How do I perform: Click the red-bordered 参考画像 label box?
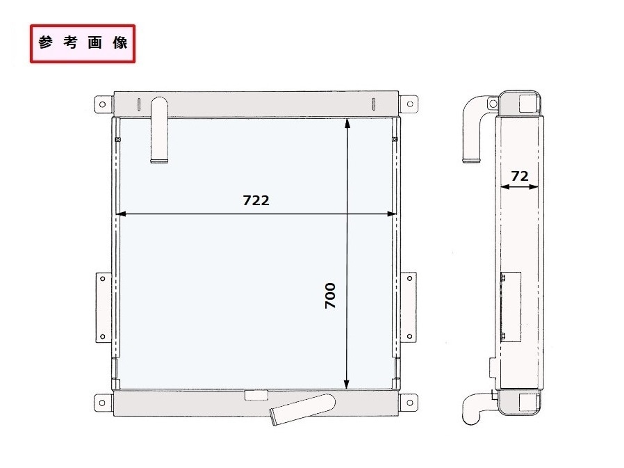click(x=83, y=43)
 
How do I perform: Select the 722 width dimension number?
click(x=256, y=200)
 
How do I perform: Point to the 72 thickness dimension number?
click(x=518, y=177)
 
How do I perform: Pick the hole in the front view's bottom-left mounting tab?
click(x=103, y=401)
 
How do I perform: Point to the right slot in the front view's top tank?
click(x=373, y=104)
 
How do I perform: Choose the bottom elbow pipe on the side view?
click(x=476, y=410)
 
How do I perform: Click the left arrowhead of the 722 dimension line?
click(x=120, y=214)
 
